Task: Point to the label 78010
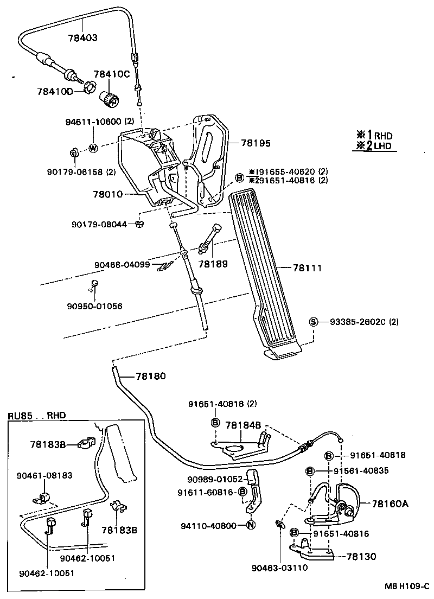pos(108,194)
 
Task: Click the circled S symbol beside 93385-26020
pos(313,322)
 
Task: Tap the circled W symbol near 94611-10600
pos(93,148)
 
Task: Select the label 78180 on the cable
pos(150,375)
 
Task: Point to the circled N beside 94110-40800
pos(250,525)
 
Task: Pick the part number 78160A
pos(391,504)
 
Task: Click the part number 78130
pos(358,556)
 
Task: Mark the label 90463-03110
pos(278,568)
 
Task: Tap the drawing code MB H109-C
pos(407,587)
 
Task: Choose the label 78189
pos(213,263)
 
